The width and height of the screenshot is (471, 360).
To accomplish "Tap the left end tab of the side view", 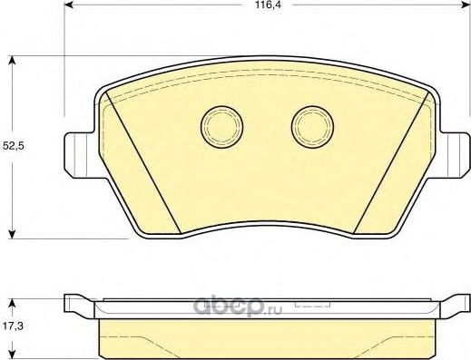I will (78, 302).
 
